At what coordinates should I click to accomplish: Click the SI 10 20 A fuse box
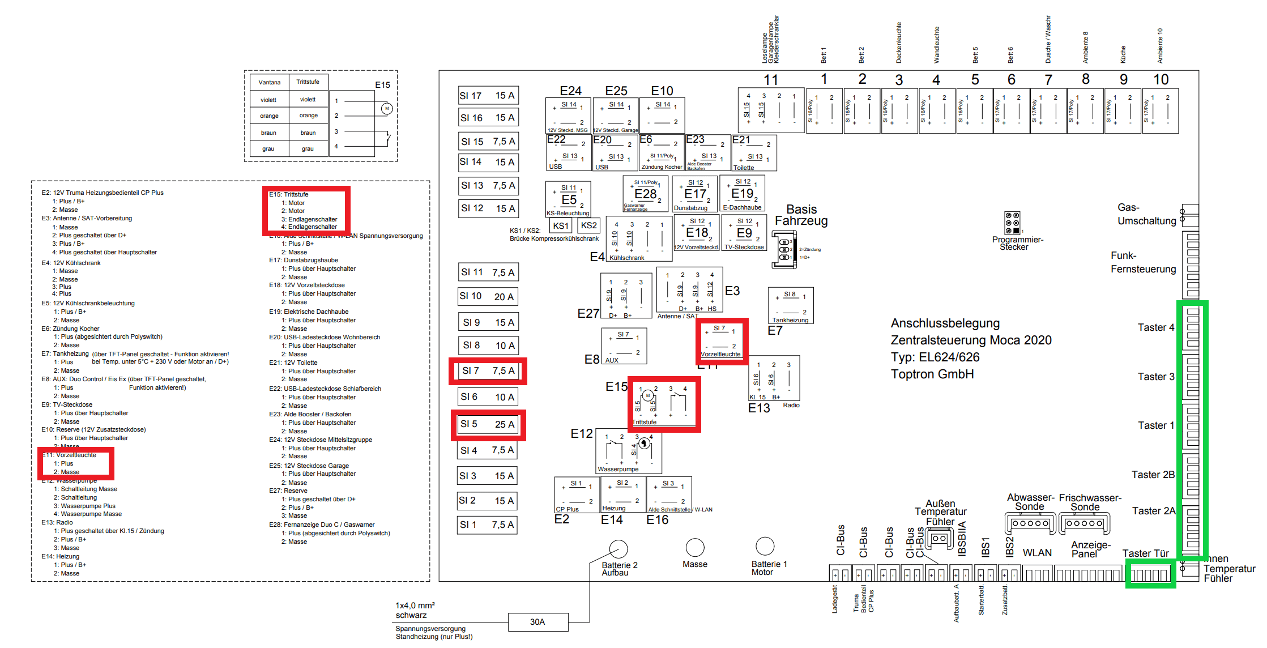tap(487, 296)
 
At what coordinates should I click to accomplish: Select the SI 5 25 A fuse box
tap(487, 424)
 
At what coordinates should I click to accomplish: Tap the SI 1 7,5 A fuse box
tap(487, 525)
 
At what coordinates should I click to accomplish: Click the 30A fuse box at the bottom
tap(537, 622)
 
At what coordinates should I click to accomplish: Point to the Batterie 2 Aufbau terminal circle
tap(618, 548)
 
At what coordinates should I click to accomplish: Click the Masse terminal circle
tap(695, 547)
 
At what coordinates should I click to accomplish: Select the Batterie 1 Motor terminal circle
tap(765, 546)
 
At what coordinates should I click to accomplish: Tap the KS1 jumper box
tap(561, 225)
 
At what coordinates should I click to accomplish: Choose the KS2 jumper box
tap(589, 225)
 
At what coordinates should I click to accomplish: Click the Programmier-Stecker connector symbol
tap(1012, 223)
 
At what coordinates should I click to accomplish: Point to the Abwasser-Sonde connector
tap(1030, 523)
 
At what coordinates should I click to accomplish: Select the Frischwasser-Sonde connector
tap(1084, 523)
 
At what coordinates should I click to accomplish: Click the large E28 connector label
tap(645, 194)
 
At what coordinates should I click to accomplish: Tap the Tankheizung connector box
tap(791, 305)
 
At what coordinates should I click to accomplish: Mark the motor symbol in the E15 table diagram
tap(387, 108)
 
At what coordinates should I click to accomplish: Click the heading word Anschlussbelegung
tap(945, 323)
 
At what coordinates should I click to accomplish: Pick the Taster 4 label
tap(1155, 327)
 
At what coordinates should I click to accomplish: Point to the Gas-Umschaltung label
tap(1146, 214)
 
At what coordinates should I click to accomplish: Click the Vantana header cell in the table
tap(270, 82)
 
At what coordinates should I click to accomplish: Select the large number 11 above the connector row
tap(771, 80)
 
